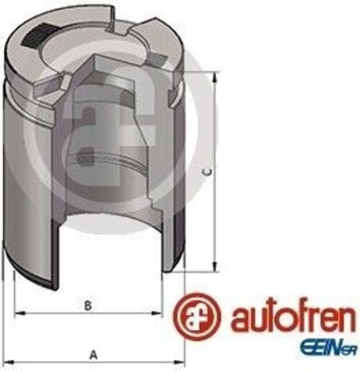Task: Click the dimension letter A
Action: click(x=94, y=355)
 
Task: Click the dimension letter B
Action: click(x=88, y=306)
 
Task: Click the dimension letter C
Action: click(x=208, y=172)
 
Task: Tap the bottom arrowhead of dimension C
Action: click(x=214, y=266)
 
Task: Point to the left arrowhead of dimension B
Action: click(x=20, y=313)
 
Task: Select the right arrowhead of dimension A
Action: click(x=179, y=362)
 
